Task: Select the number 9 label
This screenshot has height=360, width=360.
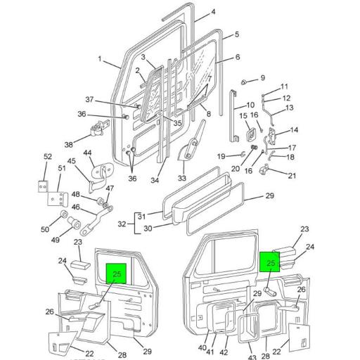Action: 263,78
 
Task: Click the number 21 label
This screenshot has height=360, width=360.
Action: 292,175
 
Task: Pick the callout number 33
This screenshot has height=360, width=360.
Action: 181,178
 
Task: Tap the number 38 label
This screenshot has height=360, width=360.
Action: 69,145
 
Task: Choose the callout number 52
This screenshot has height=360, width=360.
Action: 48,156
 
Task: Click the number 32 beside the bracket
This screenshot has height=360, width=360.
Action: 121,224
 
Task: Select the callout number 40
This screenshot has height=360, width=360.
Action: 202,347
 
